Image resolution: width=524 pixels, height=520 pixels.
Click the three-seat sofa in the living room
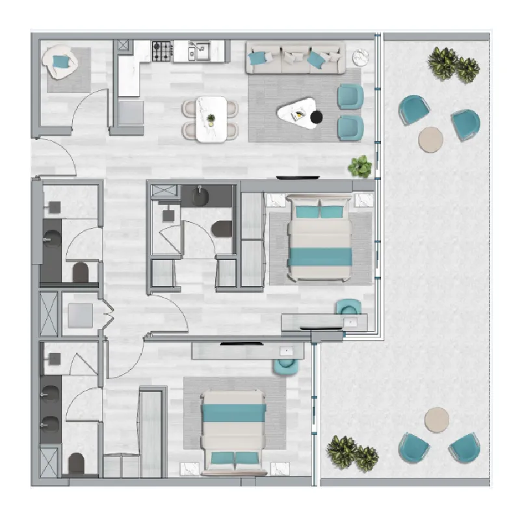click(x=295, y=59)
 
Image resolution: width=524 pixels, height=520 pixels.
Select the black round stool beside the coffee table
click(x=317, y=118)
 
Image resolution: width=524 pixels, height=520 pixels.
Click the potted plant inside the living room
click(x=360, y=166)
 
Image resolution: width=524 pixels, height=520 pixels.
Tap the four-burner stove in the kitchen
click(x=161, y=50)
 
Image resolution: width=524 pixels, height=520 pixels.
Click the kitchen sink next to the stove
click(x=199, y=50)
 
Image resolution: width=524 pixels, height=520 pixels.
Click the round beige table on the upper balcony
click(x=430, y=139)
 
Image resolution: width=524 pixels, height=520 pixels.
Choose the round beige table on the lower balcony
click(x=436, y=419)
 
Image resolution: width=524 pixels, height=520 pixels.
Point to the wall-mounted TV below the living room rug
click(x=298, y=177)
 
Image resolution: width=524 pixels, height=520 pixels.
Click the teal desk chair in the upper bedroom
click(x=348, y=307)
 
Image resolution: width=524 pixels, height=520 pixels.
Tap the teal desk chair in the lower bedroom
click(x=286, y=367)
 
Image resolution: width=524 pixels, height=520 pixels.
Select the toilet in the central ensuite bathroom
click(x=222, y=228)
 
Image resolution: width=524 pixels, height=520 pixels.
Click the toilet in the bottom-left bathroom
click(x=77, y=463)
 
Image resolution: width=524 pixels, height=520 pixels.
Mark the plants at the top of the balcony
click(x=453, y=65)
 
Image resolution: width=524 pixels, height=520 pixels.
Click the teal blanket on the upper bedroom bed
click(x=320, y=257)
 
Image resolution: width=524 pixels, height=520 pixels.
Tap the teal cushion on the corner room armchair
click(x=60, y=62)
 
